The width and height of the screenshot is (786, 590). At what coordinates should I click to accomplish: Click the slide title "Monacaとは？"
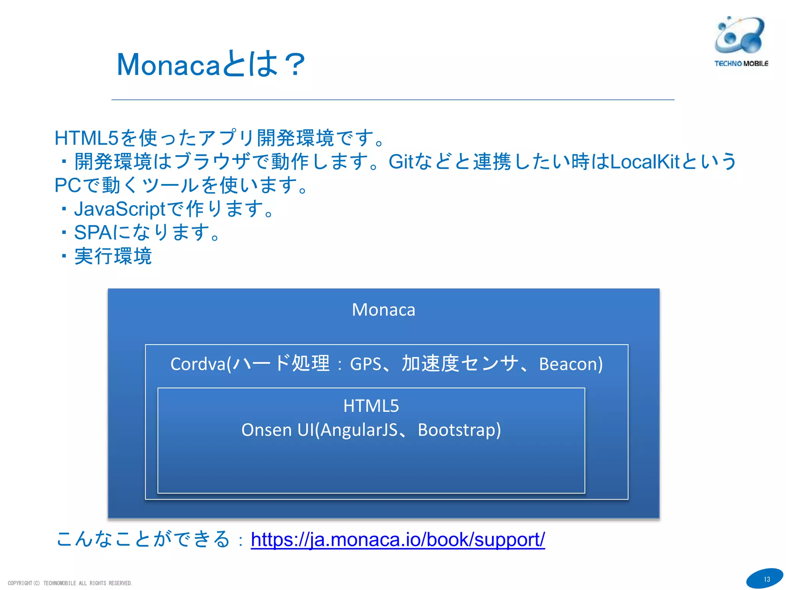(211, 64)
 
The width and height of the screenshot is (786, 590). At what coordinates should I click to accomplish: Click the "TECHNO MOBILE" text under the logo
(741, 64)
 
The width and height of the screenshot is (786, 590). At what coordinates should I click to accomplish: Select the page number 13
(766, 579)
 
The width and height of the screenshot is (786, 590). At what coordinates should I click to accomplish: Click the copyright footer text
(70, 583)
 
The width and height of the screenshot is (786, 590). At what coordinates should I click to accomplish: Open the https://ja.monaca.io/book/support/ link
(398, 539)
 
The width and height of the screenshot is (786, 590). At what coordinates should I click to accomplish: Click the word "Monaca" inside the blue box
(383, 310)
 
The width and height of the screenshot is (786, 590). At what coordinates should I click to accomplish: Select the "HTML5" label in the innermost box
(371, 406)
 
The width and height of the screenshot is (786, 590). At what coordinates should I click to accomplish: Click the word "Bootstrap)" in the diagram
(459, 429)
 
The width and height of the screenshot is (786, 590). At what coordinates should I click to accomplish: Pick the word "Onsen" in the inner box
(266, 429)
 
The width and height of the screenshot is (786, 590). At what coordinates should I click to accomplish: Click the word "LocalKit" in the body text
(645, 162)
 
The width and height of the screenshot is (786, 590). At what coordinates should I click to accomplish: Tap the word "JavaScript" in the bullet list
(119, 209)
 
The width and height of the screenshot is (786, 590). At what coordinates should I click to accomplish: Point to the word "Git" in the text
(401, 162)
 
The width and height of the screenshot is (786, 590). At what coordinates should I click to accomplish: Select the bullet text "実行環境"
(113, 256)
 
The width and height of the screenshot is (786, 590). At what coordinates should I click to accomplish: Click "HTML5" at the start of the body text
(86, 138)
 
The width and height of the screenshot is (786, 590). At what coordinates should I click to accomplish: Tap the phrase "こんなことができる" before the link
(143, 539)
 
